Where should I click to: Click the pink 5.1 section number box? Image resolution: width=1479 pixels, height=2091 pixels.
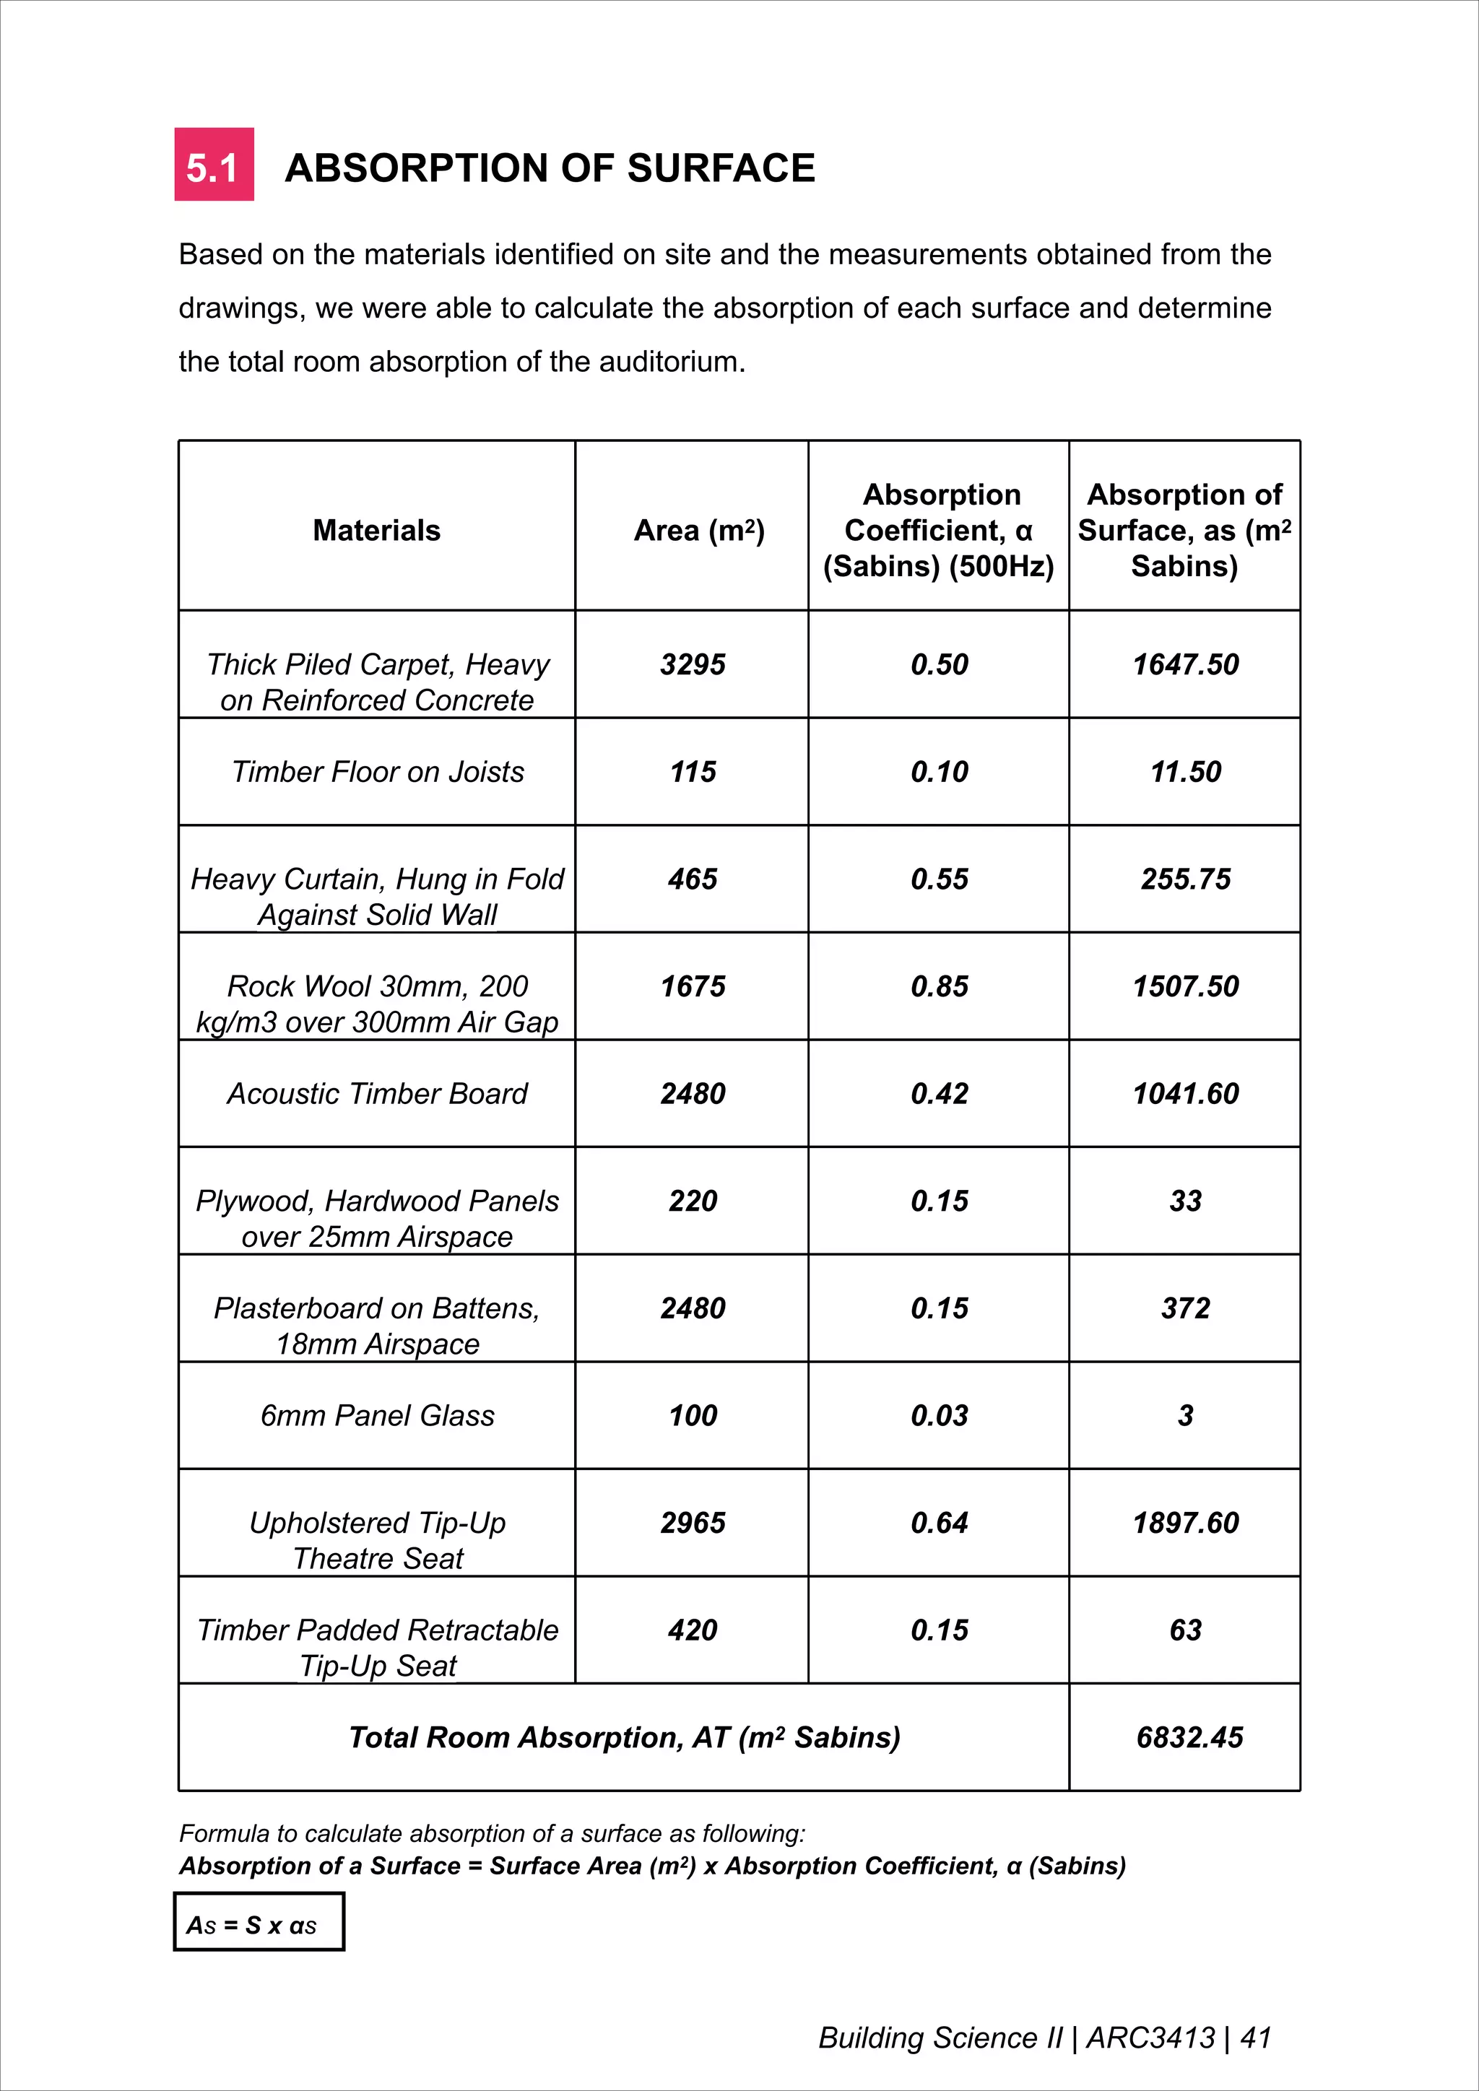point(214,165)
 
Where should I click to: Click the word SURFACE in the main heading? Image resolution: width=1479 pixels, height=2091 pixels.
point(721,168)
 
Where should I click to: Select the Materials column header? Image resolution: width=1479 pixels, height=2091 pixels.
point(376,530)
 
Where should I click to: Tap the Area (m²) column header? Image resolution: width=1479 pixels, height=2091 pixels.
point(698,530)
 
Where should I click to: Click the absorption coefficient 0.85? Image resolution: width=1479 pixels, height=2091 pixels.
point(939,986)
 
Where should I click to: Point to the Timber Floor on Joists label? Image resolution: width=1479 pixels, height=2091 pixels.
point(377,771)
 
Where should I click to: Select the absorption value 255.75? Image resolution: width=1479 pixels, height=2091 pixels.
point(1185,879)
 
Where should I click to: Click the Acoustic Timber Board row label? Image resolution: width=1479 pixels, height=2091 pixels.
point(377,1094)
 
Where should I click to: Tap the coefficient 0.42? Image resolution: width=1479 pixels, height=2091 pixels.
point(939,1094)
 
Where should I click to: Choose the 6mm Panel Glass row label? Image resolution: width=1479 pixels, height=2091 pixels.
point(377,1415)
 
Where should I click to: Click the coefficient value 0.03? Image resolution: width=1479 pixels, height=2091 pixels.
point(939,1415)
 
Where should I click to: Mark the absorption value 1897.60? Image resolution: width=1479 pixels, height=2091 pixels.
point(1185,1523)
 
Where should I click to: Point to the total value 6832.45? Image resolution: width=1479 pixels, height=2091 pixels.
point(1189,1736)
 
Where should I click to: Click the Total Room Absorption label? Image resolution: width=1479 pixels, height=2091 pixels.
point(624,1736)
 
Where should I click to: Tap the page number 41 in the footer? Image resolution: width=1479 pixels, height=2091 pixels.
point(1255,2038)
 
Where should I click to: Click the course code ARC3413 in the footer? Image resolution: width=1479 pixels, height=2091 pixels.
point(1150,2038)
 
